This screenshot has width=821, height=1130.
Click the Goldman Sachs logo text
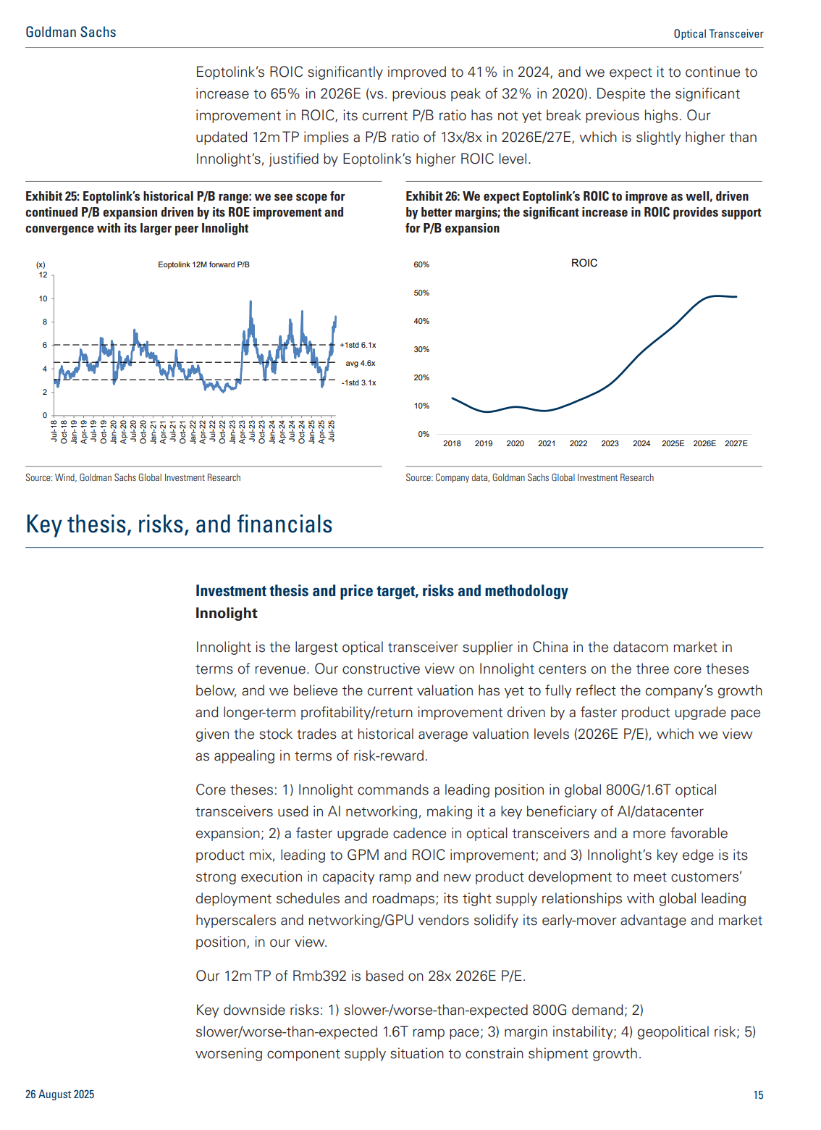point(71,33)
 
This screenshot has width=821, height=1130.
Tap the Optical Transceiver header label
point(718,34)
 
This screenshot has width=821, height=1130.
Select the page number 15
point(758,1095)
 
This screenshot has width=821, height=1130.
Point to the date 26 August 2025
point(59,1095)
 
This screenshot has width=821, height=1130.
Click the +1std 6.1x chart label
point(358,345)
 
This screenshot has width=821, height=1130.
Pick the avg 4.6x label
point(360,363)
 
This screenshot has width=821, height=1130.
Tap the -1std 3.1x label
point(358,383)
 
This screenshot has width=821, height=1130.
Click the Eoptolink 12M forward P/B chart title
point(203,265)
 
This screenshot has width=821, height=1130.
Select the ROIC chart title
point(584,263)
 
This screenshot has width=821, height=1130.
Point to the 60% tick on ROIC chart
point(421,265)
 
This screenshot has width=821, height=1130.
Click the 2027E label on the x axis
point(736,443)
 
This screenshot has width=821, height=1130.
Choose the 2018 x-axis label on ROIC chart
point(452,443)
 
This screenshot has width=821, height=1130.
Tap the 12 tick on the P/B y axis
point(43,275)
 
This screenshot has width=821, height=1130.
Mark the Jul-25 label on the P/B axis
point(332,431)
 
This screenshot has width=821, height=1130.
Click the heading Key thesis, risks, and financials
point(179,524)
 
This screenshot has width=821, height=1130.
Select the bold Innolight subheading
point(227,613)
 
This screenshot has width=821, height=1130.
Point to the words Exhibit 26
point(432,196)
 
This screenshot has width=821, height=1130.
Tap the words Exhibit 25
point(52,196)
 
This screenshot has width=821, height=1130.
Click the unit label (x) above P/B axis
point(41,265)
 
